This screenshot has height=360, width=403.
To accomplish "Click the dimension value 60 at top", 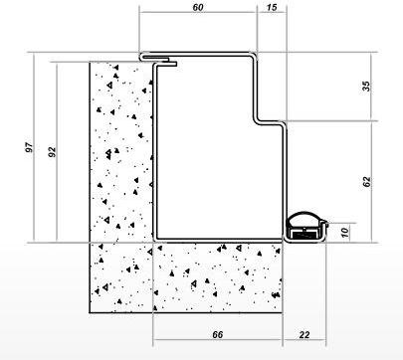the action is (x=198, y=7).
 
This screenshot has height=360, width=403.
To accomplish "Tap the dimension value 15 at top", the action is (x=272, y=7).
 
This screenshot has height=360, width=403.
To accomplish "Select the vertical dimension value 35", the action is (x=365, y=87).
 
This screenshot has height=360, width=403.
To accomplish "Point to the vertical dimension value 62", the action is (x=366, y=182).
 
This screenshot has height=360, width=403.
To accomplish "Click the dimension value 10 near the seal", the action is (x=345, y=233).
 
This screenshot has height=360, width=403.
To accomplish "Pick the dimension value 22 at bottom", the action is (x=304, y=335).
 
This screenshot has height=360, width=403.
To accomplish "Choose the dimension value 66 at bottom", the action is (x=217, y=335).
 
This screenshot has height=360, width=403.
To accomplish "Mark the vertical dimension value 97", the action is (x=29, y=147).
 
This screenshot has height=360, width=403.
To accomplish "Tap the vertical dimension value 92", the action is (x=52, y=151).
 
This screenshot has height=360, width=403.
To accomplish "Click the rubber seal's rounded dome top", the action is (x=304, y=213).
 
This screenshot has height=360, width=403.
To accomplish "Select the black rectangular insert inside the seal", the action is (x=305, y=234).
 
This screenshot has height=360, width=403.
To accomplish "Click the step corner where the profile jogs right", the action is (x=257, y=121).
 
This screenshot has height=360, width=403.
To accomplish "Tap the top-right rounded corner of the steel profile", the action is (x=255, y=55).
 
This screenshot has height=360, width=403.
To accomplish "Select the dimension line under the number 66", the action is (x=218, y=340).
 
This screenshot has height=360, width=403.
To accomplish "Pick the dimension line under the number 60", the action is (x=198, y=12).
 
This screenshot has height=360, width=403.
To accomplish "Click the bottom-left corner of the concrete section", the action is (x=90, y=312).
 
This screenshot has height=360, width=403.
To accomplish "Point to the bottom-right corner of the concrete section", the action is (x=282, y=312).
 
